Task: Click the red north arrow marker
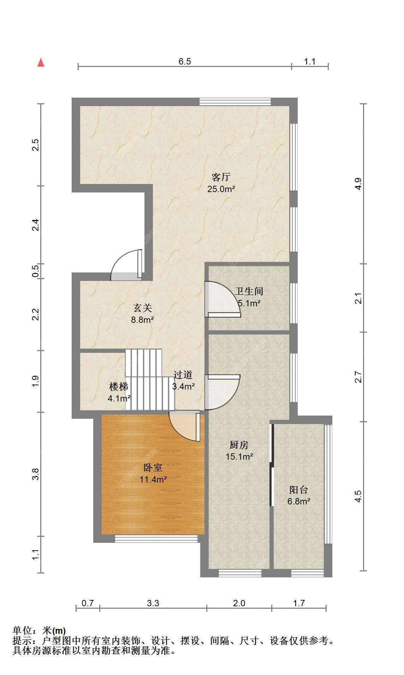pyautogui.click(x=41, y=63)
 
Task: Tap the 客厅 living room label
pyautogui.click(x=221, y=177)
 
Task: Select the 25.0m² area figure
pyautogui.click(x=221, y=189)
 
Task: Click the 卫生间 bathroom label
pyautogui.click(x=249, y=292)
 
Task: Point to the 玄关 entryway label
pyautogui.click(x=143, y=308)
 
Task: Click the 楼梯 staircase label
pyautogui.click(x=119, y=387)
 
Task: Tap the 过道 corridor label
pyautogui.click(x=183, y=375)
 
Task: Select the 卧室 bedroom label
pyautogui.click(x=153, y=468)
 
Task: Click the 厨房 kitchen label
pyautogui.click(x=239, y=445)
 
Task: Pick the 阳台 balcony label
pyautogui.click(x=299, y=490)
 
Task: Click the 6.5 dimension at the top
pyautogui.click(x=185, y=62)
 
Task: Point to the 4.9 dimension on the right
pyautogui.click(x=358, y=184)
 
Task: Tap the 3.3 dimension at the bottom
pyautogui.click(x=153, y=603)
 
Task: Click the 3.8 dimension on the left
pyautogui.click(x=35, y=474)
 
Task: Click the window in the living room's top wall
pyautogui.click(x=235, y=102)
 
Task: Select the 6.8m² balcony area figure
pyautogui.click(x=299, y=501)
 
